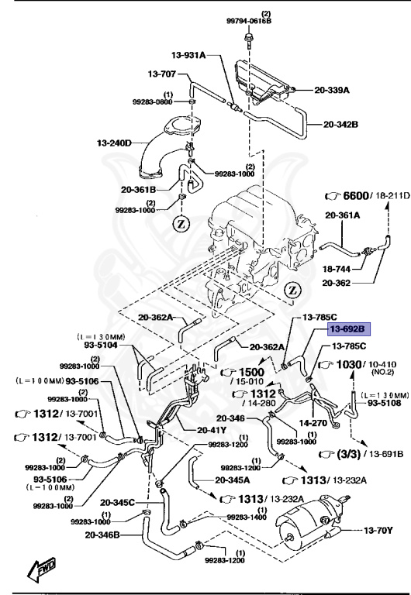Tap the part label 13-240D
[x=114, y=143]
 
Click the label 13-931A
[x=188, y=55]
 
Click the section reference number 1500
[x=251, y=372]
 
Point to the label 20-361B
[x=139, y=189]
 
